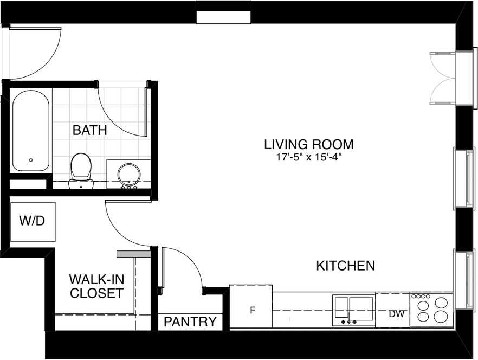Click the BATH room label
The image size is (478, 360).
click(x=89, y=130)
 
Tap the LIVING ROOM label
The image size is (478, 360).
click(x=309, y=144)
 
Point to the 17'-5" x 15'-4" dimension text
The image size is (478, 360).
click(x=309, y=157)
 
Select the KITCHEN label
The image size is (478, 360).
click(x=345, y=266)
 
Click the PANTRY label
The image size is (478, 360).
click(x=190, y=322)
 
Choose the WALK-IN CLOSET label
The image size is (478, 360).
click(x=96, y=286)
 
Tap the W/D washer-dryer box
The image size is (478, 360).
click(x=33, y=222)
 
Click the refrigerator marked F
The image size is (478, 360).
click(x=250, y=306)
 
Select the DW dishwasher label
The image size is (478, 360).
click(x=397, y=313)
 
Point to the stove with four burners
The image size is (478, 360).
click(x=431, y=310)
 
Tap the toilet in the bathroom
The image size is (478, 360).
click(x=81, y=171)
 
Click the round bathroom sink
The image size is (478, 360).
click(x=129, y=176)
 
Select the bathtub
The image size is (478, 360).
click(x=30, y=131)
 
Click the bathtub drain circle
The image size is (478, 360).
click(x=31, y=160)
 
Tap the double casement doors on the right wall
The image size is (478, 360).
click(x=442, y=78)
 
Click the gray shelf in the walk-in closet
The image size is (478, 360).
click(x=134, y=254)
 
